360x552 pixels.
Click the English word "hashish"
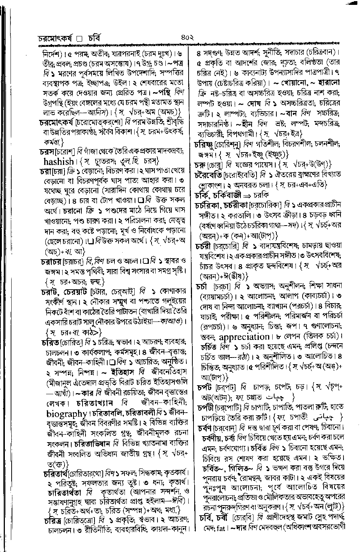(x=59, y=162)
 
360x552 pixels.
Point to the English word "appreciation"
(x=244, y=337)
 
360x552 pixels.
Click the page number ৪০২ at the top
(x=186, y=37)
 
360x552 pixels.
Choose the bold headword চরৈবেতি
(x=208, y=175)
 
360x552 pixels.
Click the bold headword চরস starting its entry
(x=47, y=152)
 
